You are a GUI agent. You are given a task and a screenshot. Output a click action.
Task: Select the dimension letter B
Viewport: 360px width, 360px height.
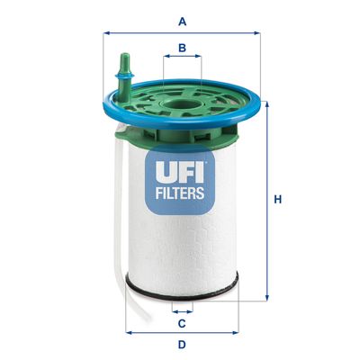(183, 48)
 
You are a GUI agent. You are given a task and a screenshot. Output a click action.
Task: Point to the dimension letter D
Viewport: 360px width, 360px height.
(182, 345)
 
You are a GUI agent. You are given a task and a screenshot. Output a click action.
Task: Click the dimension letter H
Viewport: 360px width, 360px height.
(278, 199)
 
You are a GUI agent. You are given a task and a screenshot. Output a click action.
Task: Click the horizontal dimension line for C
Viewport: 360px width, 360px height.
(182, 309)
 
